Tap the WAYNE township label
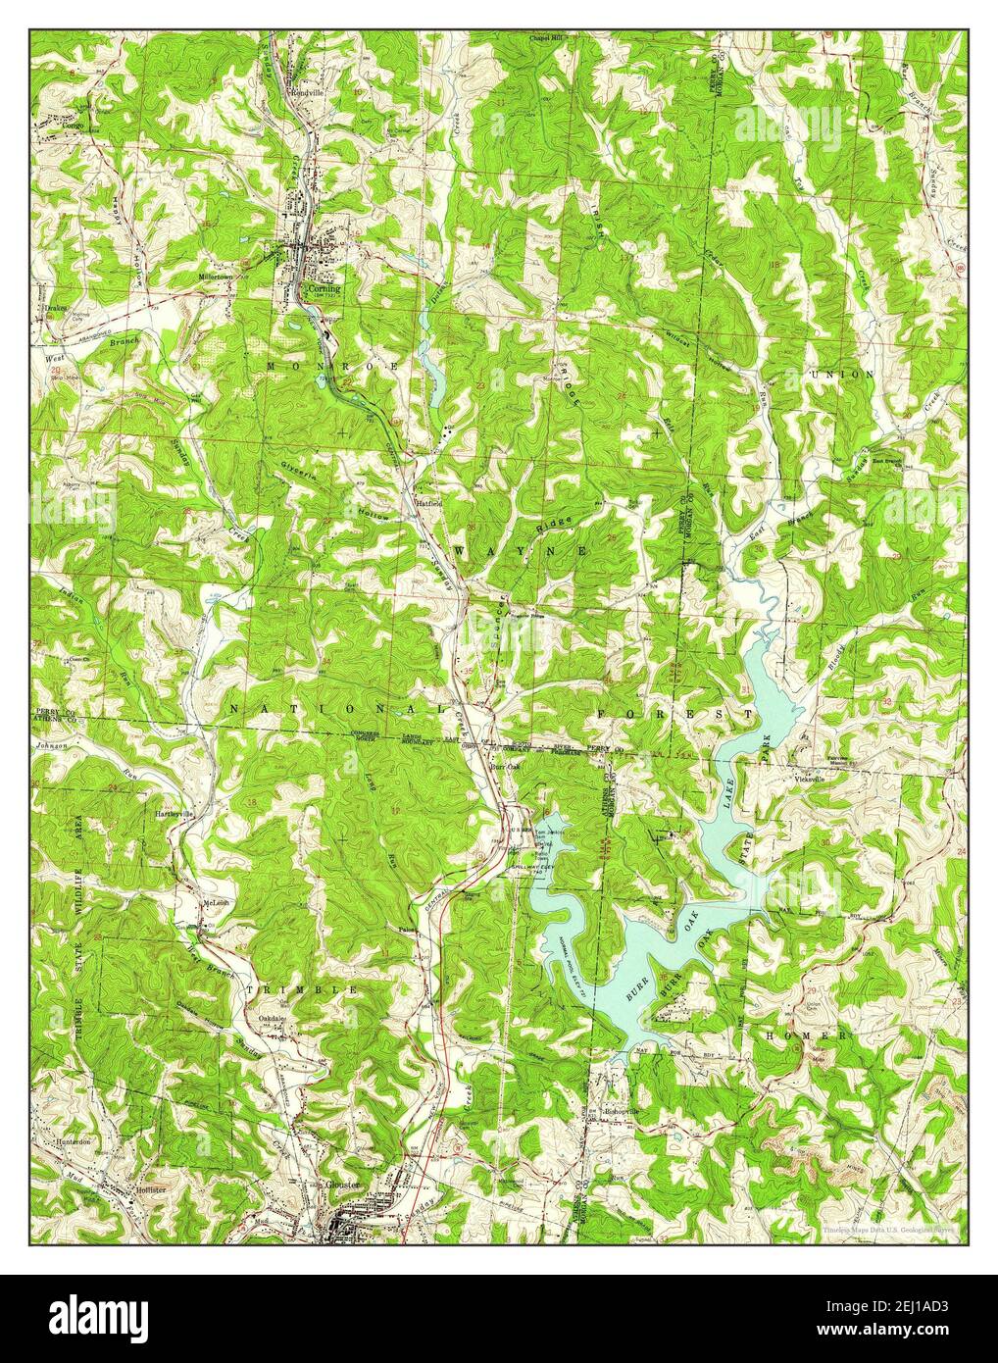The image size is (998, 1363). (x=520, y=552)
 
